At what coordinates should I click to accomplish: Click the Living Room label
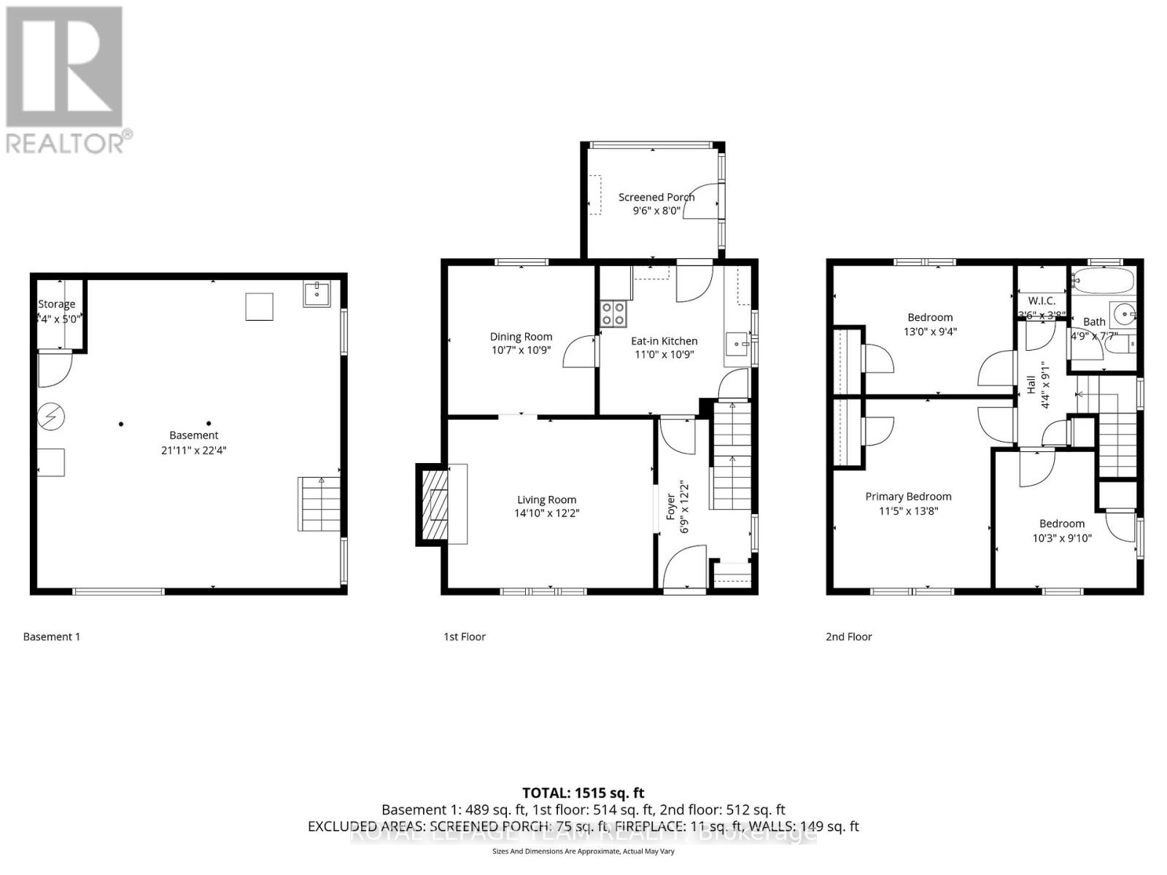tap(546, 499)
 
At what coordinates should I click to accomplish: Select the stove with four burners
tap(613, 314)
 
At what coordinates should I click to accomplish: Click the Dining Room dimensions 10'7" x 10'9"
tap(521, 350)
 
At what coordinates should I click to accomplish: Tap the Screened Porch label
tap(656, 197)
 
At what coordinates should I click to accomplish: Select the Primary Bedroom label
tap(908, 497)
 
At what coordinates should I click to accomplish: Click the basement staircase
tap(319, 503)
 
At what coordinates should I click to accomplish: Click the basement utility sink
tap(317, 294)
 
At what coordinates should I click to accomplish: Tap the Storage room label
tap(57, 304)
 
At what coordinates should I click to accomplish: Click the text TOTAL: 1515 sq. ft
tap(583, 793)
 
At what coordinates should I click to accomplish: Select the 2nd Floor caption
tap(848, 637)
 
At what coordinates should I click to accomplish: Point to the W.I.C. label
tap(1041, 300)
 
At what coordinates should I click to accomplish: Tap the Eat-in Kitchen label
tap(664, 341)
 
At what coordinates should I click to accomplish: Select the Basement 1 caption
tap(52, 637)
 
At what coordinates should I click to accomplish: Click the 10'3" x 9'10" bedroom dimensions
tap(1062, 538)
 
